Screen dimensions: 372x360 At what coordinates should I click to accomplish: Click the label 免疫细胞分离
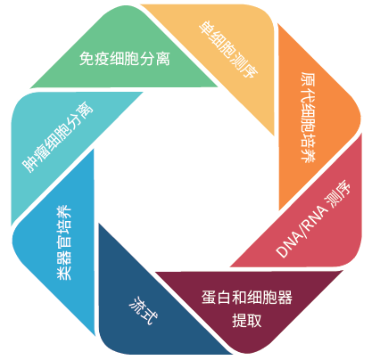point(125,59)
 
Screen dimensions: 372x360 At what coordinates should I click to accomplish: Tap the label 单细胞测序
point(228,49)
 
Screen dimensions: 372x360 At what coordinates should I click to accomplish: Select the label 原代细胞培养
point(308,117)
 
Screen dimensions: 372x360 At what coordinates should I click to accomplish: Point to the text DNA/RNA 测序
point(313,219)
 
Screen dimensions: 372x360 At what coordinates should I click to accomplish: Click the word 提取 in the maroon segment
point(247,321)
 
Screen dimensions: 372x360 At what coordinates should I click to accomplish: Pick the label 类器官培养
point(64,242)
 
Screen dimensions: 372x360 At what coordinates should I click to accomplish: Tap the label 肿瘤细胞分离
point(58,137)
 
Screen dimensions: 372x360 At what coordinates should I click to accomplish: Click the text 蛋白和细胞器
point(247,298)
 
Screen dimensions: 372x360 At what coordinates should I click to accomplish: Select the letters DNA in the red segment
point(286,245)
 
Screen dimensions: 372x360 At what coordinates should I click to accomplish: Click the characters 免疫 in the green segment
point(95,59)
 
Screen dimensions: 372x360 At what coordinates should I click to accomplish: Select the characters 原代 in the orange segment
point(308,86)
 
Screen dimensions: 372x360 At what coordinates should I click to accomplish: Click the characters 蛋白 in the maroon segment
point(217,298)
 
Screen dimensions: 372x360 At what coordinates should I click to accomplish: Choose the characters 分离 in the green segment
point(155,59)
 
